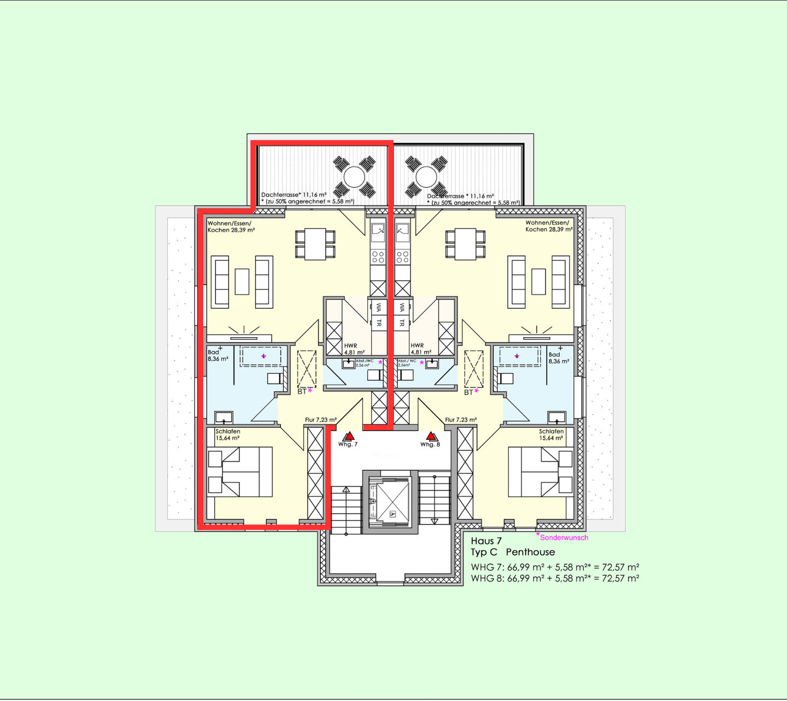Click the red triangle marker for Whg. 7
pos(349,437)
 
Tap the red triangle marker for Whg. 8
pos(432,437)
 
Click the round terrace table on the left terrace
pos(354,176)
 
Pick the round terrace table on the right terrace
pos(426,176)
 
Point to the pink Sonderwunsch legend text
pos(563,538)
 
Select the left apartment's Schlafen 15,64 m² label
pos(228,435)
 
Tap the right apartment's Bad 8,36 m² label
pos(559,358)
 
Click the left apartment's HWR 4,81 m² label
pos(354,349)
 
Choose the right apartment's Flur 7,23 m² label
pos(461,420)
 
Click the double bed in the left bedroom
pos(240,472)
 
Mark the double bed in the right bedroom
pos(541,472)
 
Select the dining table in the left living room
pos(315,244)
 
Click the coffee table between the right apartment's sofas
pos(538,281)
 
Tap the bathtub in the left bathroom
pos(261,356)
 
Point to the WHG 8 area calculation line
pos(555,578)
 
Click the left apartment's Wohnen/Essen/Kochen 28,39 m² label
pos(231,226)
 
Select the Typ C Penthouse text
pos(513,552)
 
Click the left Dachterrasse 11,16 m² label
pos(294,195)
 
